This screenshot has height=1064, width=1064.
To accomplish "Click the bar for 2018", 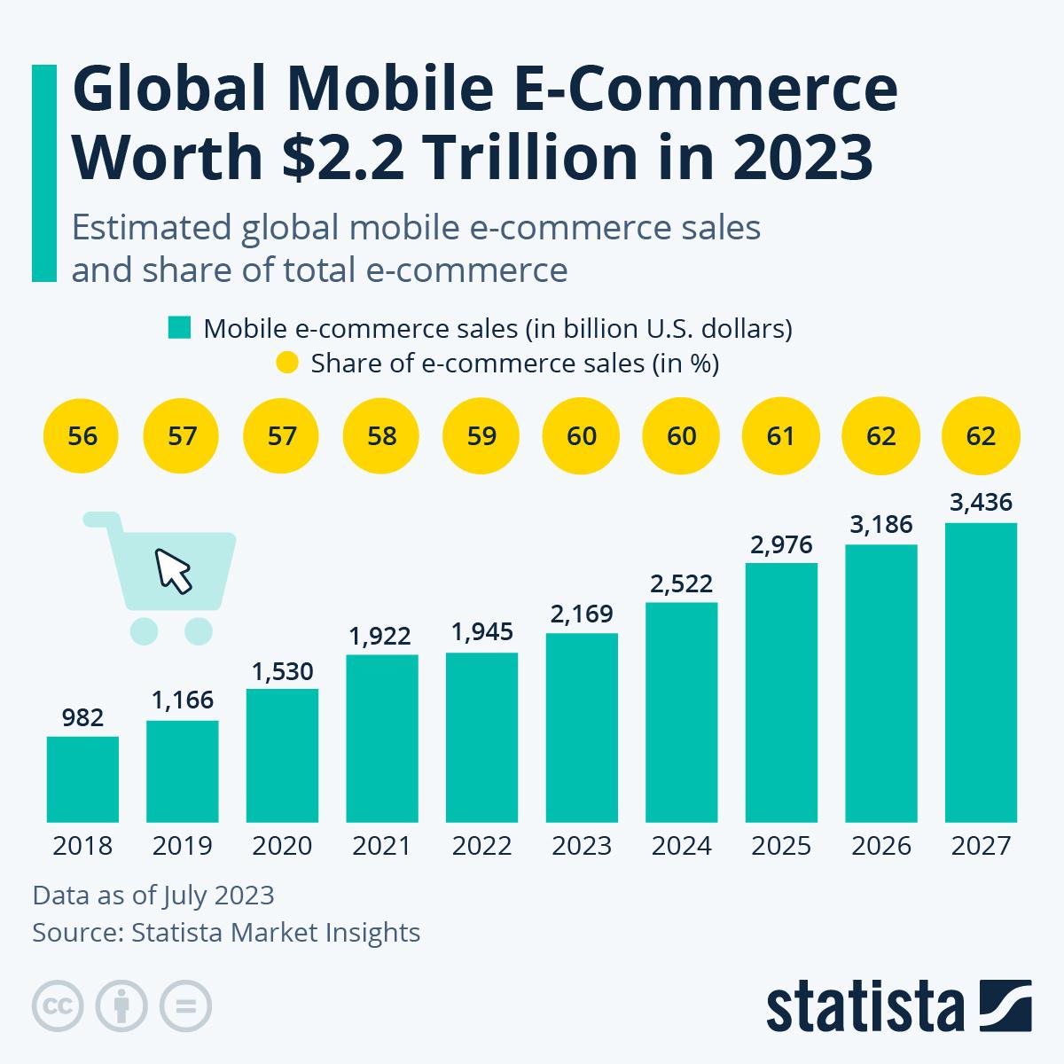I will pos(82,778).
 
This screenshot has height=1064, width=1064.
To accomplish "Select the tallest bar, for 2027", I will pos(981,672).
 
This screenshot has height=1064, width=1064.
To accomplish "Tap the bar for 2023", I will pos(582,727).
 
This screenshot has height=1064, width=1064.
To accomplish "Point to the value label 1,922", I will pos(380,636).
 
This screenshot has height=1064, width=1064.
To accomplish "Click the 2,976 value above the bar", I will pos(781,544).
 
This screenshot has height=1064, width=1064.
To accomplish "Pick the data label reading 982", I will pos(82,717).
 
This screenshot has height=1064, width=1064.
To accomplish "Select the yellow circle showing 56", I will pos(82,436).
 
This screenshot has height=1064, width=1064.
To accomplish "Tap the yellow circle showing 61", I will pos(781,436).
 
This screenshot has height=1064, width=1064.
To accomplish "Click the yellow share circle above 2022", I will pos(481,436).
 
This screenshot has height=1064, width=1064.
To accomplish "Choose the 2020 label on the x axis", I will pos(282,846).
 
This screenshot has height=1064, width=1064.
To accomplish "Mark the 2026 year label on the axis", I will pos(881,846).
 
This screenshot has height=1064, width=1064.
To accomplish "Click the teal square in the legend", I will pos(180,328).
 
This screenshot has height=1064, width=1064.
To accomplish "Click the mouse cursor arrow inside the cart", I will pos(174,571).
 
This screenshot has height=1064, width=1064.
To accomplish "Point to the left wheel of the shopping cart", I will pos(144,630).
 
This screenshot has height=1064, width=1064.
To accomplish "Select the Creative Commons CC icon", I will pos(58,1006).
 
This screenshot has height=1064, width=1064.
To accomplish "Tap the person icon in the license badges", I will pos(121,1006).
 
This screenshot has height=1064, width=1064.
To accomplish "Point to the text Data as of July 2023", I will pos(153,895).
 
